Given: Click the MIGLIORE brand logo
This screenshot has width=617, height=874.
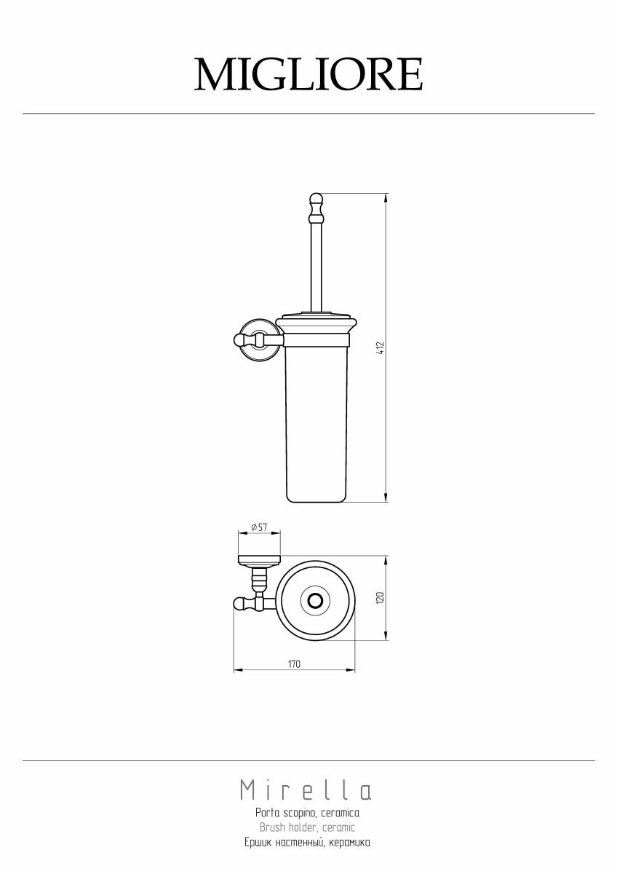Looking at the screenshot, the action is pos(308,74).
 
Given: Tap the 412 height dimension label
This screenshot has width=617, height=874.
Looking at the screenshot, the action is pos(381,347).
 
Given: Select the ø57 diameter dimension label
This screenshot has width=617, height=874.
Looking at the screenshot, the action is pos(259,527).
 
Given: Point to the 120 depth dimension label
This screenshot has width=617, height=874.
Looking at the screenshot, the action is pos(381,598).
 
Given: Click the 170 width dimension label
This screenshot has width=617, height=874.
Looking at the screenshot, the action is pos(294,664).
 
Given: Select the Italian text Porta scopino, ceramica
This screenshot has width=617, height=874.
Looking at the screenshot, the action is pos(308,814).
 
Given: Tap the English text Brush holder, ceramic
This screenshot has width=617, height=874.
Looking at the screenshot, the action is pos(308,827).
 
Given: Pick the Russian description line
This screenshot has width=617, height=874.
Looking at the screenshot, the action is pos(308,842).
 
